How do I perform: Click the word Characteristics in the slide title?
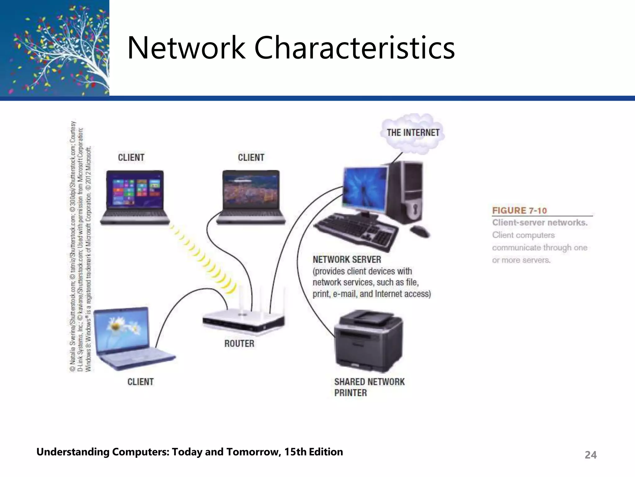point(354,48)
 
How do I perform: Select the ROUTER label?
point(239,343)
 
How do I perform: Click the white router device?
point(244,321)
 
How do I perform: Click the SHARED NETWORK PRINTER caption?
point(369,387)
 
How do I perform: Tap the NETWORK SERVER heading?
point(347,259)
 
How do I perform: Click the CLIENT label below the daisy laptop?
point(140,382)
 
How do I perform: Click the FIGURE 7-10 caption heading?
point(519,211)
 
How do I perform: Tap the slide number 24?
point(590,455)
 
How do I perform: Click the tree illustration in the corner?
point(55,48)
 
